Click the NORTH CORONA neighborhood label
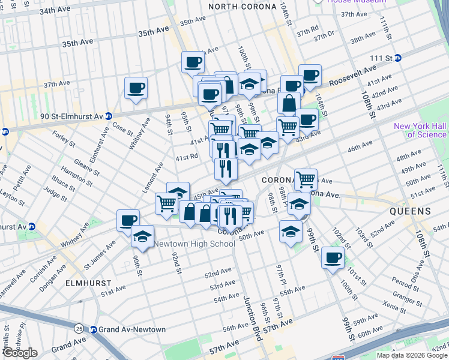pyautogui.click(x=243, y=7)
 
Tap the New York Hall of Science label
pyautogui.click(x=421, y=130)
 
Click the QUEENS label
pyautogui.click(x=411, y=211)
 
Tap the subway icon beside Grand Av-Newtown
pyautogui.click(x=93, y=329)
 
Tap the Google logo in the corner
pyautogui.click(x=20, y=352)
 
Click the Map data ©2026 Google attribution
pyautogui.click(x=411, y=355)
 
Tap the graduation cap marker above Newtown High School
pyautogui.click(x=142, y=236)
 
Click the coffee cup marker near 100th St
pyautogui.click(x=332, y=258)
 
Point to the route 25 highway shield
pyautogui.click(x=79, y=329)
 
